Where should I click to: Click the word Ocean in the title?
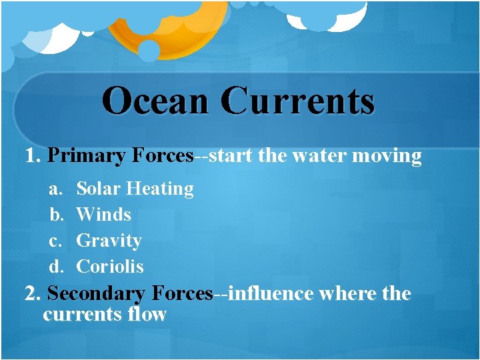[157, 101]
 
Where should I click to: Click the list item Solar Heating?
[135, 189]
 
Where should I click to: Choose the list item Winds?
[104, 215]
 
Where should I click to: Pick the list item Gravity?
[109, 241]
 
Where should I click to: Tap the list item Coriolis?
[110, 267]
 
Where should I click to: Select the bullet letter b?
[56, 215]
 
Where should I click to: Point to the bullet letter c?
[55, 241]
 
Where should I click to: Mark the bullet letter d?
[56, 267]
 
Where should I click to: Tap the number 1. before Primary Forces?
[33, 157]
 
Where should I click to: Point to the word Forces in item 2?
[182, 293]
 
